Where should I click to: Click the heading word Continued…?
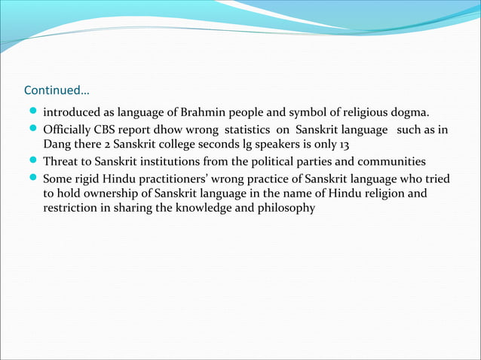pos(57,92)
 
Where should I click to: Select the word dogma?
pos(408,114)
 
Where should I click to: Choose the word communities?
pos(392,162)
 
